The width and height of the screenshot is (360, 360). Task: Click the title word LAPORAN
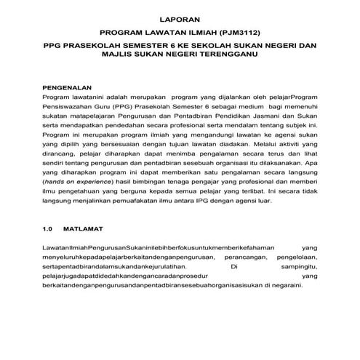coord(179,17)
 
